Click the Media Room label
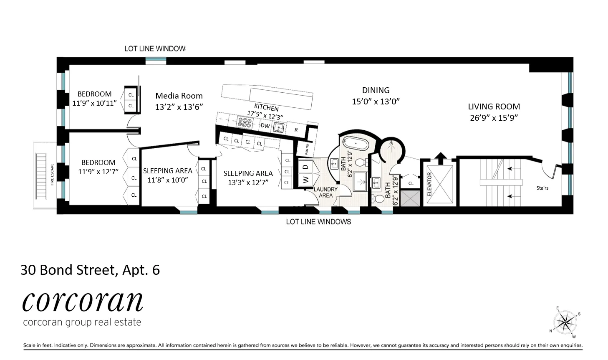click(x=179, y=96)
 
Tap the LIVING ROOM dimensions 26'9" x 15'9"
click(x=494, y=118)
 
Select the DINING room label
click(x=376, y=90)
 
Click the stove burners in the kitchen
click(x=244, y=122)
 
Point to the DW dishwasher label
click(x=265, y=126)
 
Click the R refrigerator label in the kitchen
click(x=296, y=130)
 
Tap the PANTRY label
click(x=307, y=149)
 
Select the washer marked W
click(x=306, y=180)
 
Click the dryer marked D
click(x=306, y=167)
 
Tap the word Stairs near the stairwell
click(x=542, y=188)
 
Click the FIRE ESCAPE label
click(x=52, y=175)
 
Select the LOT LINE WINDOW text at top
click(x=155, y=49)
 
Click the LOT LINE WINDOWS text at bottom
click(x=318, y=222)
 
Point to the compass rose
click(x=565, y=322)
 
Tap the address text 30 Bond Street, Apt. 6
click(x=90, y=270)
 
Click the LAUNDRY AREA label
click(x=325, y=192)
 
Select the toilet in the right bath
click(x=378, y=199)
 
